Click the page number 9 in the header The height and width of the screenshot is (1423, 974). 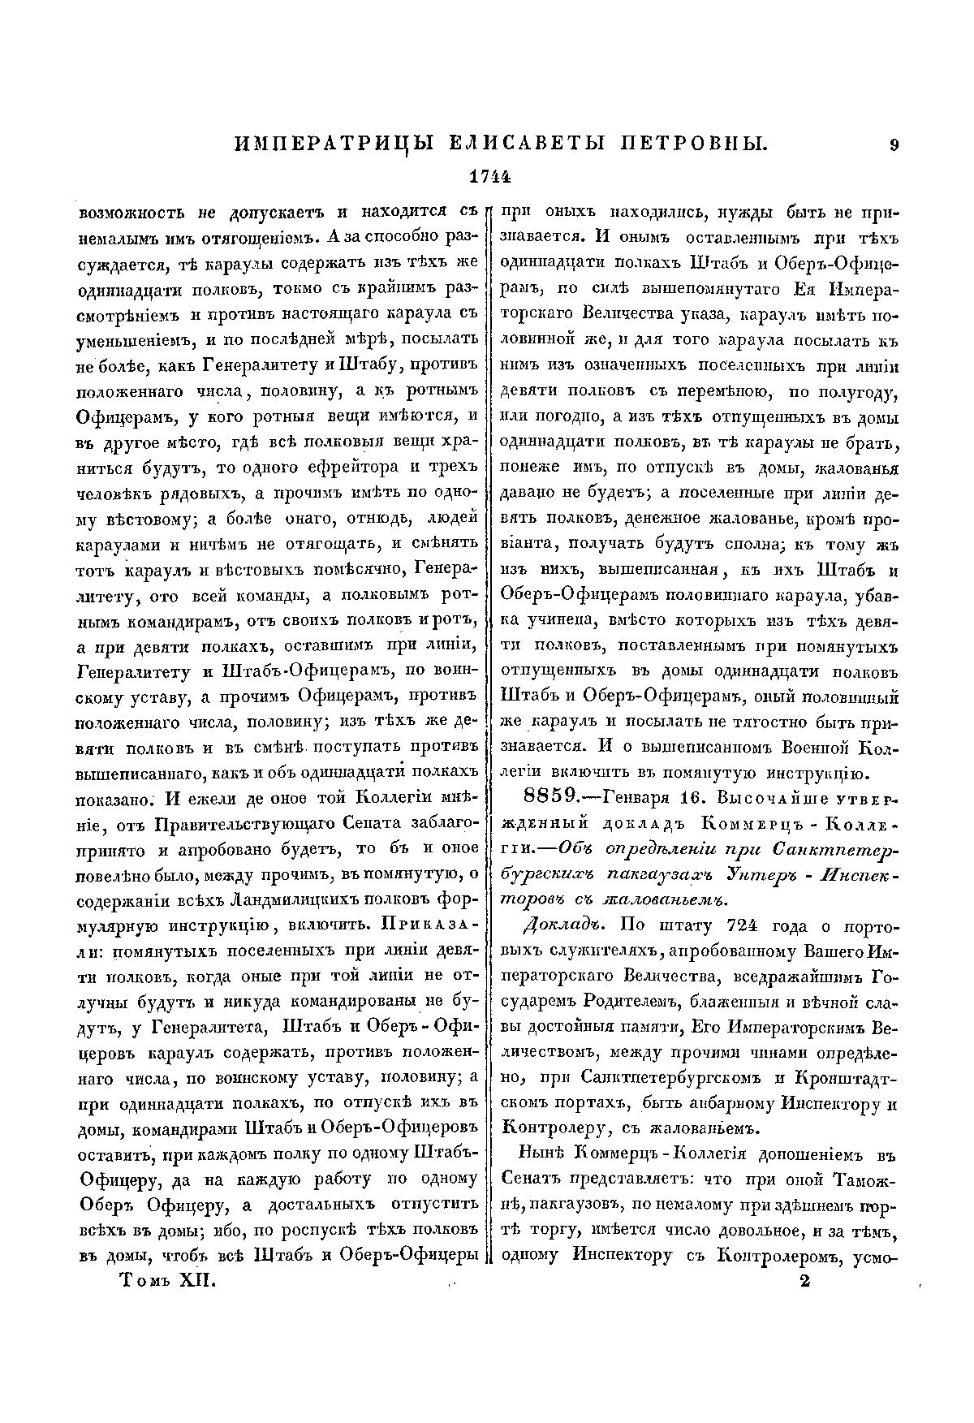(894, 145)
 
